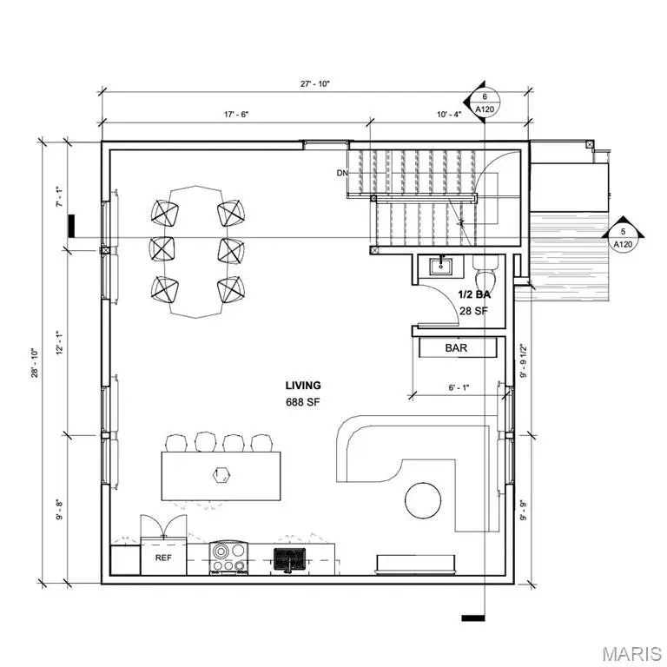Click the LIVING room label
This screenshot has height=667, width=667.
point(303,386)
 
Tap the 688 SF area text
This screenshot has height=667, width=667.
point(303,402)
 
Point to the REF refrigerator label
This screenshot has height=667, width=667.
point(162,558)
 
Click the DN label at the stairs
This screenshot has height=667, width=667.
point(342,173)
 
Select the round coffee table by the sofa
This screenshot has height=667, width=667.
point(422,499)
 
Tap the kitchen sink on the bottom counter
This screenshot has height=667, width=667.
point(287,558)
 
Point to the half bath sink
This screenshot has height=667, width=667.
point(442,265)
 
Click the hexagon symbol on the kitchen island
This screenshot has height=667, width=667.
point(221,474)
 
